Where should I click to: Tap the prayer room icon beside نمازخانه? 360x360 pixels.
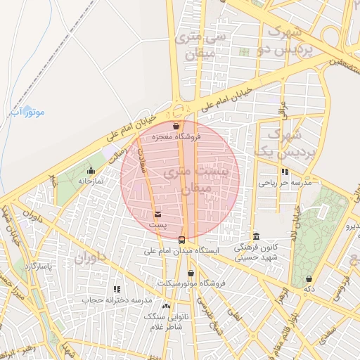(x=91, y=170)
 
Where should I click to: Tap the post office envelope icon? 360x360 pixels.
(x=157, y=214)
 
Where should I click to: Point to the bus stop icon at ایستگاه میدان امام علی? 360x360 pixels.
(x=183, y=240)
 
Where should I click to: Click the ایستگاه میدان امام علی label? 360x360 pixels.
(x=182, y=250)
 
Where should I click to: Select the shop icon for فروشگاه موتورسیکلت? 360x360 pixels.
(x=191, y=274)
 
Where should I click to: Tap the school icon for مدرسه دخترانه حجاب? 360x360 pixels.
(x=117, y=289)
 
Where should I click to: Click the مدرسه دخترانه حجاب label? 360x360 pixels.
(x=117, y=300)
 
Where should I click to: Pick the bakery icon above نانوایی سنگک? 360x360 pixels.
(x=166, y=307)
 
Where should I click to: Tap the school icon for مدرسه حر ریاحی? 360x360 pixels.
(x=284, y=172)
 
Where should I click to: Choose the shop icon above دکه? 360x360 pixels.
(x=309, y=279)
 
